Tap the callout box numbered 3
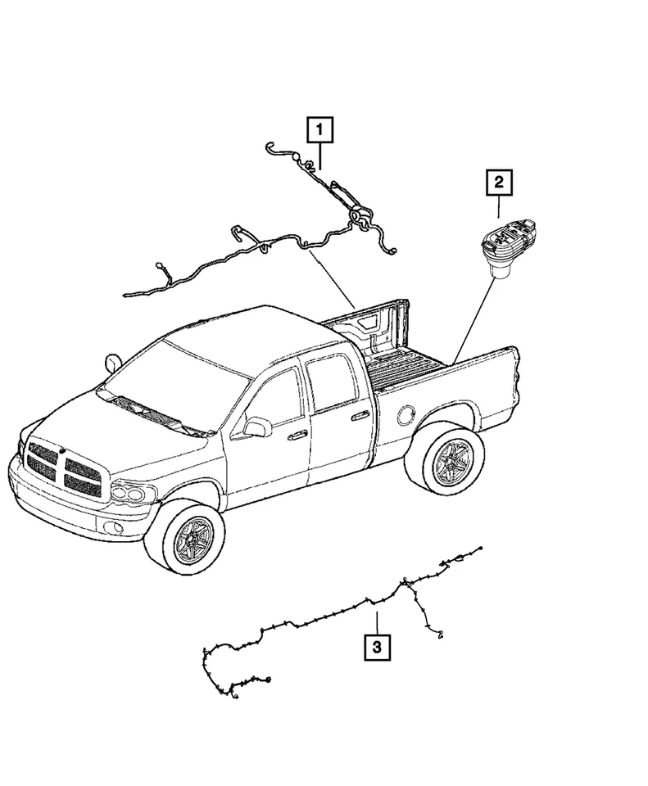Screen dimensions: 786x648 (377, 648)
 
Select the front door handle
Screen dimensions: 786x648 (298, 433)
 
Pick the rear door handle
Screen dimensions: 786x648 (360, 415)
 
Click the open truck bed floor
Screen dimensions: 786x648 (410, 361)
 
